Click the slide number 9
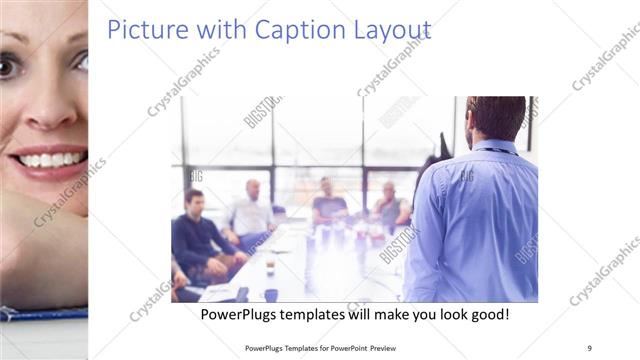click(589, 347)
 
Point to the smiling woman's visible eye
click(8, 66)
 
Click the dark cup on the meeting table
click(271, 294)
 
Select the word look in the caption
click(442, 314)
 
